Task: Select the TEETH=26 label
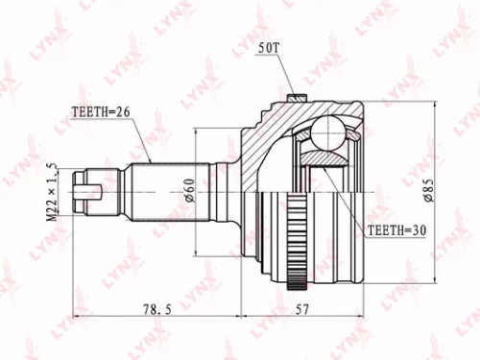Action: click(100, 111)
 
